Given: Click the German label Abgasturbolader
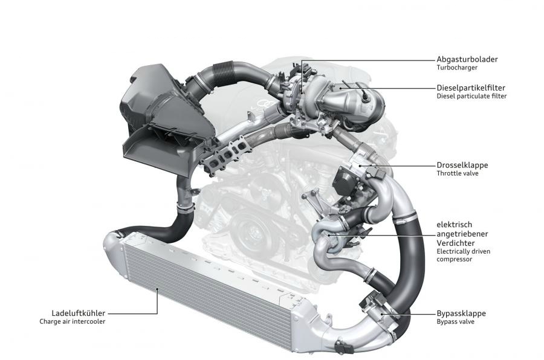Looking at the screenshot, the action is pyautogui.click(x=467, y=59).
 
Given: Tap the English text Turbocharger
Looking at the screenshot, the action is pyautogui.click(x=457, y=68).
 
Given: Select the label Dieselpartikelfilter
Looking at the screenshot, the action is pyautogui.click(x=471, y=88).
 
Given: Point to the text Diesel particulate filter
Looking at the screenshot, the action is pyautogui.click(x=471, y=96).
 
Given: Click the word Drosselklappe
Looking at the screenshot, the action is pyautogui.click(x=462, y=165).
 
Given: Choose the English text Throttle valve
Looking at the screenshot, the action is pyautogui.click(x=458, y=173).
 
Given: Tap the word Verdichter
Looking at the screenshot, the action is pyautogui.click(x=456, y=243).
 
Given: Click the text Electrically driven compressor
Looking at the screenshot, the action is pyautogui.click(x=463, y=256).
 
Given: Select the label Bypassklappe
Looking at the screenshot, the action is pyautogui.click(x=461, y=313).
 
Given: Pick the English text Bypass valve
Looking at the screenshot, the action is pyautogui.click(x=455, y=322).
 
